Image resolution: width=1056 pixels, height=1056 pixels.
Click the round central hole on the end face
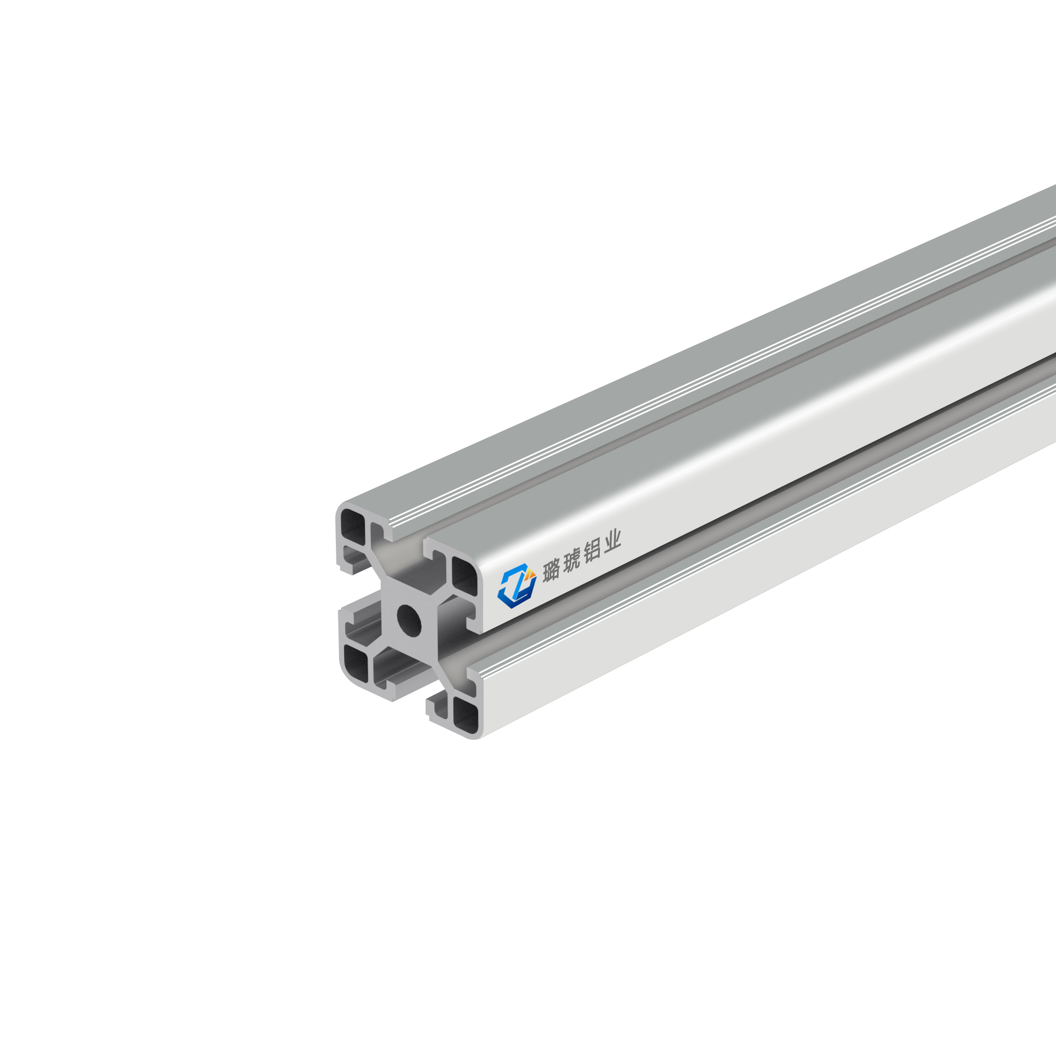(409, 620)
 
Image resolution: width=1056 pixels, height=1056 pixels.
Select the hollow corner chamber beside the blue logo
(465, 577)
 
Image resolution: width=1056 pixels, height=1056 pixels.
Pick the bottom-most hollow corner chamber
(466, 716)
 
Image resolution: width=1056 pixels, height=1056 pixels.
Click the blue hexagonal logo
(516, 586)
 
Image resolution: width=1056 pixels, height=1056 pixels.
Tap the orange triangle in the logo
(529, 573)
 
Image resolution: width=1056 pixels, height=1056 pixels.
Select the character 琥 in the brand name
(571, 562)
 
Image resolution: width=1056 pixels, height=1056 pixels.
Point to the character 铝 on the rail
(592, 552)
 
